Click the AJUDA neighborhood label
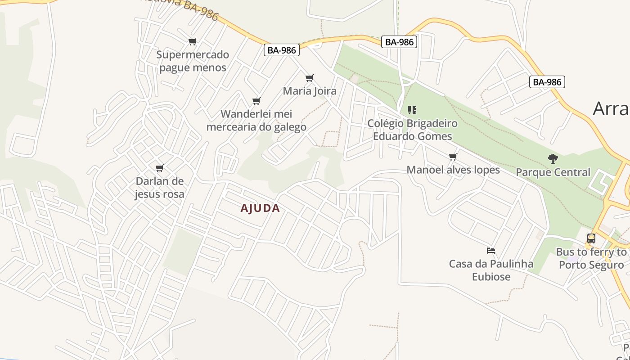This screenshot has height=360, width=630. (260, 208)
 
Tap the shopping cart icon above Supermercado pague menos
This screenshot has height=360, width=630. (192, 42)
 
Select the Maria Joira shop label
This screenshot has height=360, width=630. (310, 91)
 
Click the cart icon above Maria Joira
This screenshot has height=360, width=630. (309, 78)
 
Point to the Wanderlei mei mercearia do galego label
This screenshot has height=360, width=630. (256, 121)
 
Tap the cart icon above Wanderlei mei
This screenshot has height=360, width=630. (256, 101)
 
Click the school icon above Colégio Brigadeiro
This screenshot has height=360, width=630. (412, 110)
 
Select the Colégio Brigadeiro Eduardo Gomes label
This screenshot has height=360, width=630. (412, 130)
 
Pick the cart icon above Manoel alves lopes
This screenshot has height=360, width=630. (453, 157)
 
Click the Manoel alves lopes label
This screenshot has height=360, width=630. (453, 170)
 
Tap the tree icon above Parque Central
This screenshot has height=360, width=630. (553, 159)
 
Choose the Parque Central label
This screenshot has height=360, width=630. (553, 172)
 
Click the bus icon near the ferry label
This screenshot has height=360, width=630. (591, 238)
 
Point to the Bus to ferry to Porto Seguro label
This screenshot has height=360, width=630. (591, 258)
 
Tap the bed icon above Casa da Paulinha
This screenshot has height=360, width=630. (491, 251)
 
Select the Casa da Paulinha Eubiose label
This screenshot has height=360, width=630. (491, 270)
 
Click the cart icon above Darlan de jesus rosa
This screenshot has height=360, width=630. (159, 168)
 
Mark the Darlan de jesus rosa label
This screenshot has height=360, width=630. (159, 188)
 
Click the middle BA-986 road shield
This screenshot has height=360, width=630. (399, 42)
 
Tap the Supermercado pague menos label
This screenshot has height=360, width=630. (193, 61)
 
